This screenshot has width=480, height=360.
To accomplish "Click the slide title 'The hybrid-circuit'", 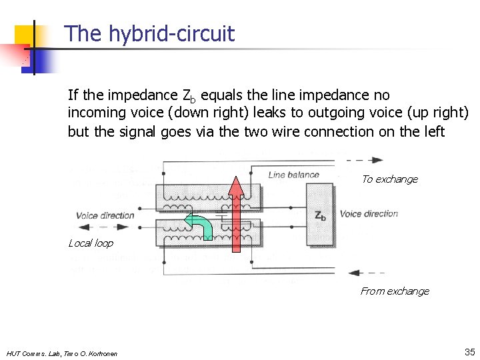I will (149, 34).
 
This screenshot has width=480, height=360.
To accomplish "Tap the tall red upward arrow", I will (235, 213).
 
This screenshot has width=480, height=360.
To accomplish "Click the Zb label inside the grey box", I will (320, 216).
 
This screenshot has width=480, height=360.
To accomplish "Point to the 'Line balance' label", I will (293, 175).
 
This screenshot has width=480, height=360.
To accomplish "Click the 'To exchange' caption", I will (389, 179).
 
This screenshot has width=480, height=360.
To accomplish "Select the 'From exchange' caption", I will (395, 291).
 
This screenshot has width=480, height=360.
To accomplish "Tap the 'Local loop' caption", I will (91, 243).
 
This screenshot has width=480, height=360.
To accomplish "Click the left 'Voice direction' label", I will (105, 215).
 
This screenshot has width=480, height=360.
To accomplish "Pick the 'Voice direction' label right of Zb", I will (369, 214).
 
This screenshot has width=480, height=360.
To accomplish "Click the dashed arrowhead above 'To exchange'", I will (377, 160).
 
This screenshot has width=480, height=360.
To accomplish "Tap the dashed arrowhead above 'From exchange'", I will (353, 273).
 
